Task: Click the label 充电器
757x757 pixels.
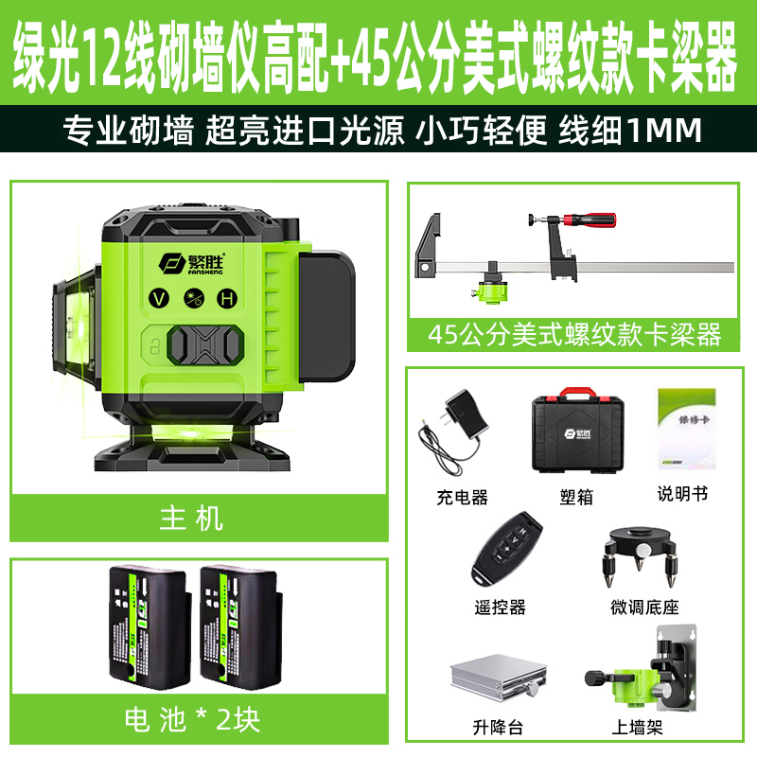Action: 463,497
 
